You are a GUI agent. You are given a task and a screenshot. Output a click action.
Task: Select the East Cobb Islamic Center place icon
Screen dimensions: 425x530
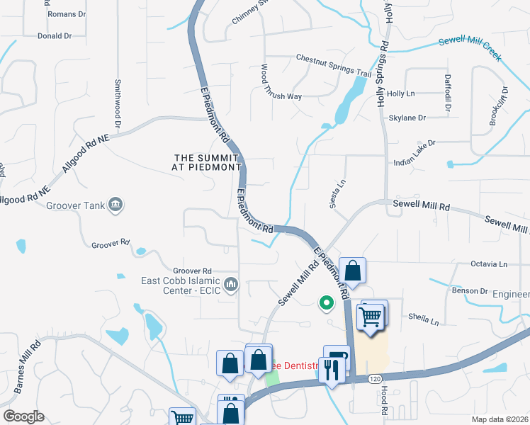tap(231, 285)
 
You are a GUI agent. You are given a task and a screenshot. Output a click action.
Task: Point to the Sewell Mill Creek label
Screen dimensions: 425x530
tap(470, 47)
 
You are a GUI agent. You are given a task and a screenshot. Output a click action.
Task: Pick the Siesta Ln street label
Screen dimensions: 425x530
tap(336, 193)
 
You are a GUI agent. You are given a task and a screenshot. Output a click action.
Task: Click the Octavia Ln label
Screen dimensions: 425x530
tap(489, 264)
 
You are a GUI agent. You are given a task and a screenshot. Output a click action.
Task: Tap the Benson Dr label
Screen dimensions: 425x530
tap(466, 290)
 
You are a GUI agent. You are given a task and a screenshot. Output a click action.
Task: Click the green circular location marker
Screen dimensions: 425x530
tap(327, 303)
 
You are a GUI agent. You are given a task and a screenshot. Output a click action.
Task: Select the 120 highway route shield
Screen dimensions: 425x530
tap(375, 379)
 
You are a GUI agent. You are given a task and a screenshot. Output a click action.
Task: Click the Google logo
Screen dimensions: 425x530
tap(23, 416)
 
